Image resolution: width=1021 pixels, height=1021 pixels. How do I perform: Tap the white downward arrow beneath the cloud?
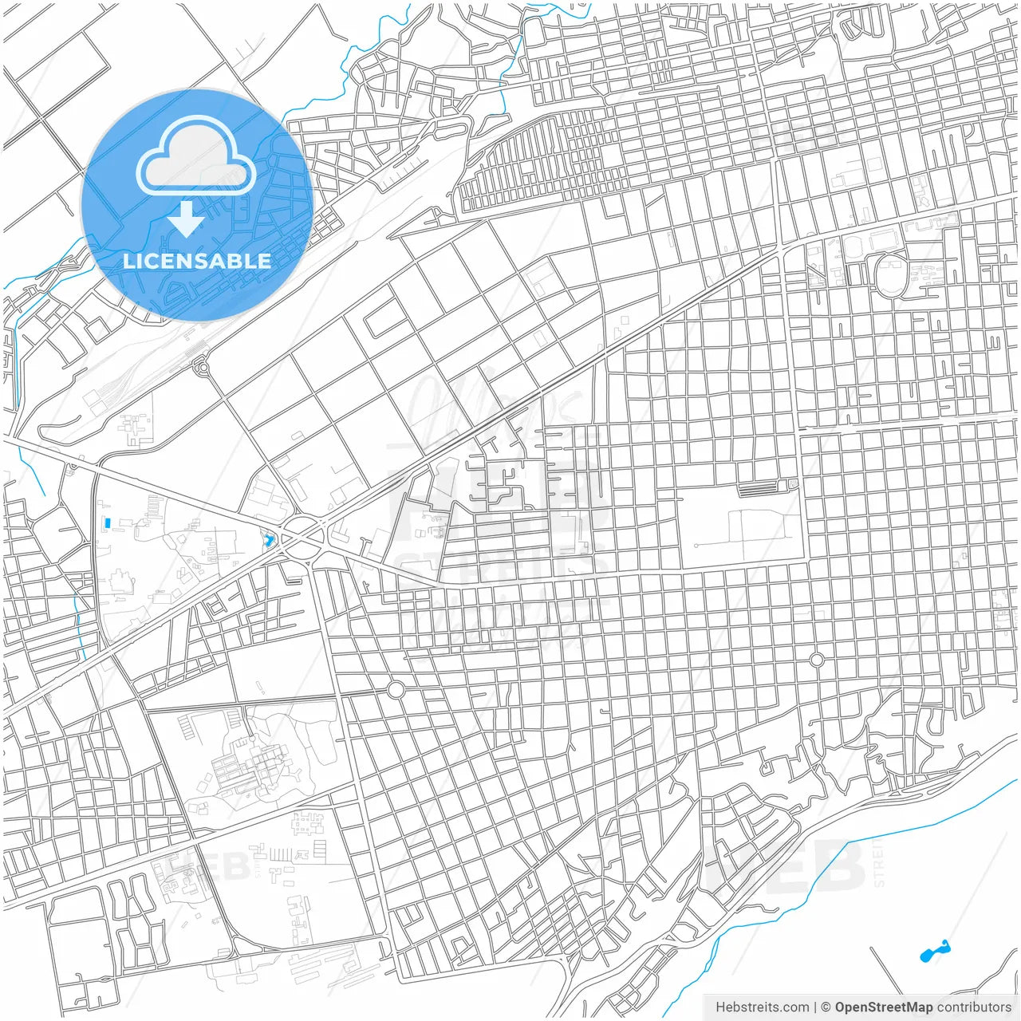click(x=187, y=219)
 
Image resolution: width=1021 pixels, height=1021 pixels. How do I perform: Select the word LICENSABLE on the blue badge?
click(x=196, y=261)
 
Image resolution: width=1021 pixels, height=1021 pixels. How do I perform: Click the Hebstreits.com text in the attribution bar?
click(x=762, y=1007)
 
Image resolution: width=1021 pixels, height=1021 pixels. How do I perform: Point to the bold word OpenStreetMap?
click(x=883, y=1007)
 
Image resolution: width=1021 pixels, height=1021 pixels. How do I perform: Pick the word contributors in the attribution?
click(x=973, y=1007)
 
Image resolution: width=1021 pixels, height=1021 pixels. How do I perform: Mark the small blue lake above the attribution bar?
click(x=932, y=952)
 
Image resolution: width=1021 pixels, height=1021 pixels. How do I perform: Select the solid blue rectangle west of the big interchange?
click(x=106, y=523)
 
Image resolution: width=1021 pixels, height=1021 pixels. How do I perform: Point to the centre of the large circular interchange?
click(x=303, y=539)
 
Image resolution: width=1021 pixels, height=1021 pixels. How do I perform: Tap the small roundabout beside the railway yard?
click(x=201, y=368)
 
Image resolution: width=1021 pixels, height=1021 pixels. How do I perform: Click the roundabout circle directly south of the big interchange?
click(x=396, y=689)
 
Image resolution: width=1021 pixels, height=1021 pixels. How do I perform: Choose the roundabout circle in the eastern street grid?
click(x=816, y=660)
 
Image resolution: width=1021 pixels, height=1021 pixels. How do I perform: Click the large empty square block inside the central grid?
click(x=740, y=528)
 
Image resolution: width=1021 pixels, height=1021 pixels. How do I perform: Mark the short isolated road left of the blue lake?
click(x=887, y=969)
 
